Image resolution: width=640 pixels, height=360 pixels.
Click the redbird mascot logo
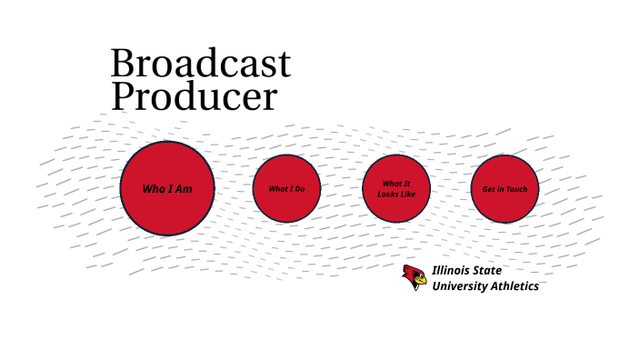coord(415,276)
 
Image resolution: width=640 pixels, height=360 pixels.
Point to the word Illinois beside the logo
coord(453,270)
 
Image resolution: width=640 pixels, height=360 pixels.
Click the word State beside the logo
coord(488,270)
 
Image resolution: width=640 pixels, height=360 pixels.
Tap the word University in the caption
coord(460,286)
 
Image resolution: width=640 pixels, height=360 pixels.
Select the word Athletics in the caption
coord(515,286)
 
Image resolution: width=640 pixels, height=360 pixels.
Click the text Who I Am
coord(167,189)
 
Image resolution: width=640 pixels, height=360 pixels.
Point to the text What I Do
coord(286,189)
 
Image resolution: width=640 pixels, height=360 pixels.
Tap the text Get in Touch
coord(505,189)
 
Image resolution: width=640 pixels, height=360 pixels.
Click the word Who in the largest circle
coord(152,189)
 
